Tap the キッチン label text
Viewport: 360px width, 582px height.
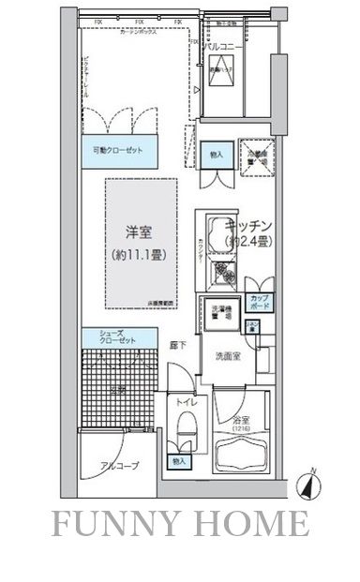click(248, 226)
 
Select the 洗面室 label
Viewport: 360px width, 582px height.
click(229, 356)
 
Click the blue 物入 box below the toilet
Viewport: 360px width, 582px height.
click(179, 462)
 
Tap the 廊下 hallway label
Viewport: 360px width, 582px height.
click(178, 346)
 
